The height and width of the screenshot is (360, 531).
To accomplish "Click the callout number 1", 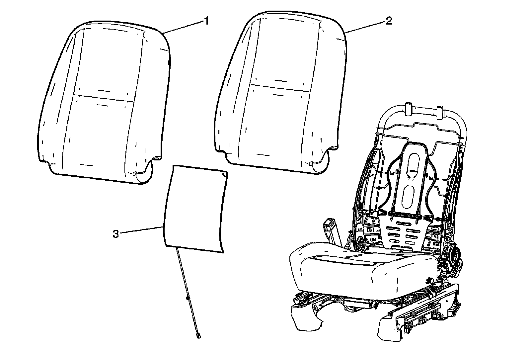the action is coord(206,21).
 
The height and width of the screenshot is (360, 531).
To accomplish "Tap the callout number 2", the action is coord(389,21).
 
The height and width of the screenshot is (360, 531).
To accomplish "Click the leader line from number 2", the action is coord(365,27).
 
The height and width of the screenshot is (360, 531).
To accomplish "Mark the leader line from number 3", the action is coord(141,230).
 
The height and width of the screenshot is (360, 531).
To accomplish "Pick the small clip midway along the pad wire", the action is coord(188,299).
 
